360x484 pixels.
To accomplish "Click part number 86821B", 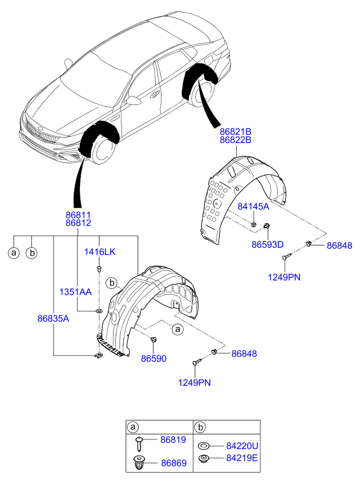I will click(235, 131).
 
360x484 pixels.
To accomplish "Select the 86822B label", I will click(235, 139).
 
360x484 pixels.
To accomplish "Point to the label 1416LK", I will click(100, 252).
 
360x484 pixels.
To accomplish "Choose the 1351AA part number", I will click(75, 291).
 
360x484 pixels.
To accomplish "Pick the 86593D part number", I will click(268, 244).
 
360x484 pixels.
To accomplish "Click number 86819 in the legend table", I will click(173, 440).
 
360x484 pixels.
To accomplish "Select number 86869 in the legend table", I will click(173, 463).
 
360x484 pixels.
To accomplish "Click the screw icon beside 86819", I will click(140, 441).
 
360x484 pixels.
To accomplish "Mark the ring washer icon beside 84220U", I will click(203, 446).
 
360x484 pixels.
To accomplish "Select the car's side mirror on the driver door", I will click(135, 101).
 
